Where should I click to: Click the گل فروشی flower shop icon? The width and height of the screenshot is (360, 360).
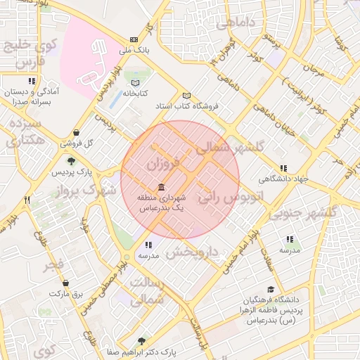click(x=76, y=132)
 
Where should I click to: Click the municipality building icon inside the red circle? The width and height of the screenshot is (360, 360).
click(x=162, y=187)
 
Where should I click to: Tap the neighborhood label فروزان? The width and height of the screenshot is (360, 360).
click(x=164, y=165)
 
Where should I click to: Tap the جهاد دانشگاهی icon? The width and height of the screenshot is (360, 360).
click(x=283, y=168)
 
